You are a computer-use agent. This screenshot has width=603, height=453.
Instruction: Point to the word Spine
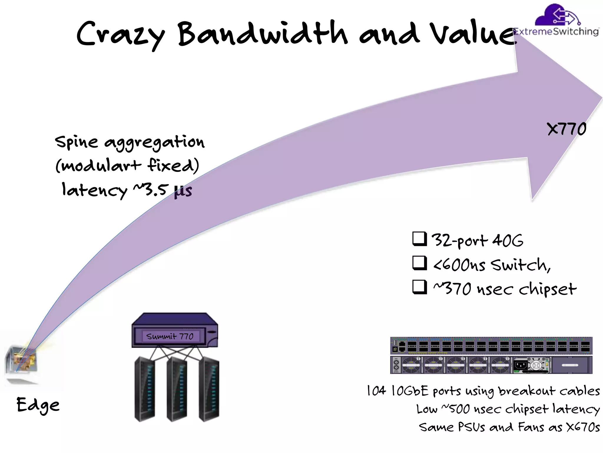[76, 142]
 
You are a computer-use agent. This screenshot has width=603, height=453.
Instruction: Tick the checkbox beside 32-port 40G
[420, 239]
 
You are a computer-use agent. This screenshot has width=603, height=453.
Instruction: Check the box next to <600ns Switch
[420, 263]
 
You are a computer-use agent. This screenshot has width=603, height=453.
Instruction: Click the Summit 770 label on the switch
[170, 336]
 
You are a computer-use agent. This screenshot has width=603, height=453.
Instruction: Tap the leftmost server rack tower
[145, 389]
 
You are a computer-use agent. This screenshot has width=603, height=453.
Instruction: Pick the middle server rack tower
[177, 389]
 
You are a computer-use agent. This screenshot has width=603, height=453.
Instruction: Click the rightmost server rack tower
[209, 389]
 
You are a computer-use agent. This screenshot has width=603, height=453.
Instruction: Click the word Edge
[38, 405]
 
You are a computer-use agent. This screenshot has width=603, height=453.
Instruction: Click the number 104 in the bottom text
[376, 391]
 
